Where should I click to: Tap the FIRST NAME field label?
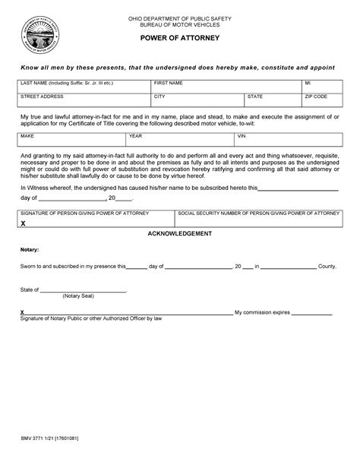click(169, 81)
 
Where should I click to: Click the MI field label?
click(308, 81)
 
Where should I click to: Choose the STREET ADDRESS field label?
click(38, 97)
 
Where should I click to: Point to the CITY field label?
click(159, 97)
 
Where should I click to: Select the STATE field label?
click(254, 97)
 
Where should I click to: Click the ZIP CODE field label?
click(316, 97)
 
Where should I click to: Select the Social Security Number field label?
click(257, 214)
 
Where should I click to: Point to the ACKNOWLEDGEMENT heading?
click(179, 233)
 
